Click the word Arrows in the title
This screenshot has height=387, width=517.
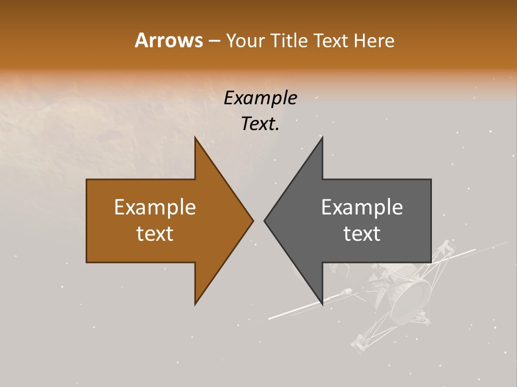169,40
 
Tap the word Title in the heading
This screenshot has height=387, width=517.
291,40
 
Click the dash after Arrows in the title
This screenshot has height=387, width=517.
214,41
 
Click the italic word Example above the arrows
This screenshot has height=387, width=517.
260,98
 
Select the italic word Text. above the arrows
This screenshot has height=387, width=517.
260,124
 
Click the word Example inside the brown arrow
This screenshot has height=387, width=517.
155,207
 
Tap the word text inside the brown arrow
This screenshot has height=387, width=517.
155,233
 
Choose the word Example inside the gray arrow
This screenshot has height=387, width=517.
362,207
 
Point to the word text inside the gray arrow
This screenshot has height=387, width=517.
362,233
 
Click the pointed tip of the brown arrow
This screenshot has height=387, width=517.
253,220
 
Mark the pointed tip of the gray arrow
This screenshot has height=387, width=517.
265,220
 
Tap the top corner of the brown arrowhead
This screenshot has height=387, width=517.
195,138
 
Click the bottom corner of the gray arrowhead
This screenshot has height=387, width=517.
322,304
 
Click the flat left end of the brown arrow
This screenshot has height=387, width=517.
87,220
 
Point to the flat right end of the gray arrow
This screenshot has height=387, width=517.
430,220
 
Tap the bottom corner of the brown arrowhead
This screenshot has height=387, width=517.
195,304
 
